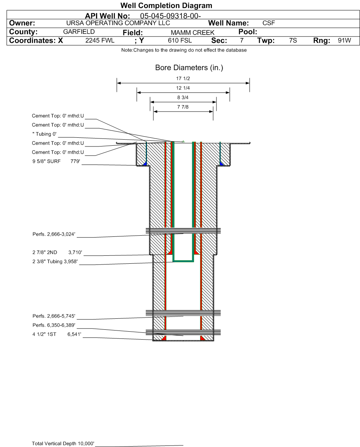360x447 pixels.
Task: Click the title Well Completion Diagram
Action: point(166,5)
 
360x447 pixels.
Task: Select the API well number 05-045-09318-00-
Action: point(170,16)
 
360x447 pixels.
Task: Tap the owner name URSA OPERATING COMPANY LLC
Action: point(118,23)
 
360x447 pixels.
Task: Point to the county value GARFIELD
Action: point(79,31)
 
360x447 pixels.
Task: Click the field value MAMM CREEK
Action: point(193,33)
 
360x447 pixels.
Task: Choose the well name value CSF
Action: point(268,23)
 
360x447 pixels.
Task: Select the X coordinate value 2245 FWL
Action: point(100,41)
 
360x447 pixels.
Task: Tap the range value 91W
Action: point(344,41)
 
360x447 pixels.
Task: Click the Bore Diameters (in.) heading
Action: point(189,68)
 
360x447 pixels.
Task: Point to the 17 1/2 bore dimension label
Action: point(183,79)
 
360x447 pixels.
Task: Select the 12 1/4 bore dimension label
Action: point(183,88)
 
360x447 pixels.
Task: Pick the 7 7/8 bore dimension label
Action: point(183,107)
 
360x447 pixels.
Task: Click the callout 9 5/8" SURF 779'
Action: point(56,161)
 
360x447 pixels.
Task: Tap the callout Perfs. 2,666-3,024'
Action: point(54,235)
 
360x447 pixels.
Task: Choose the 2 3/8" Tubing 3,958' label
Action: point(55,261)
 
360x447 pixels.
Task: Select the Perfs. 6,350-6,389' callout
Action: point(54,325)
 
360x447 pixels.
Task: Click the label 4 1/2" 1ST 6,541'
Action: point(57,334)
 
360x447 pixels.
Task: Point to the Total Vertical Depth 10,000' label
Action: point(63,444)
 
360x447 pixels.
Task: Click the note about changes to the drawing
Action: point(184,50)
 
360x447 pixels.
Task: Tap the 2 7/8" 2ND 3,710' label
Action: point(57,252)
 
